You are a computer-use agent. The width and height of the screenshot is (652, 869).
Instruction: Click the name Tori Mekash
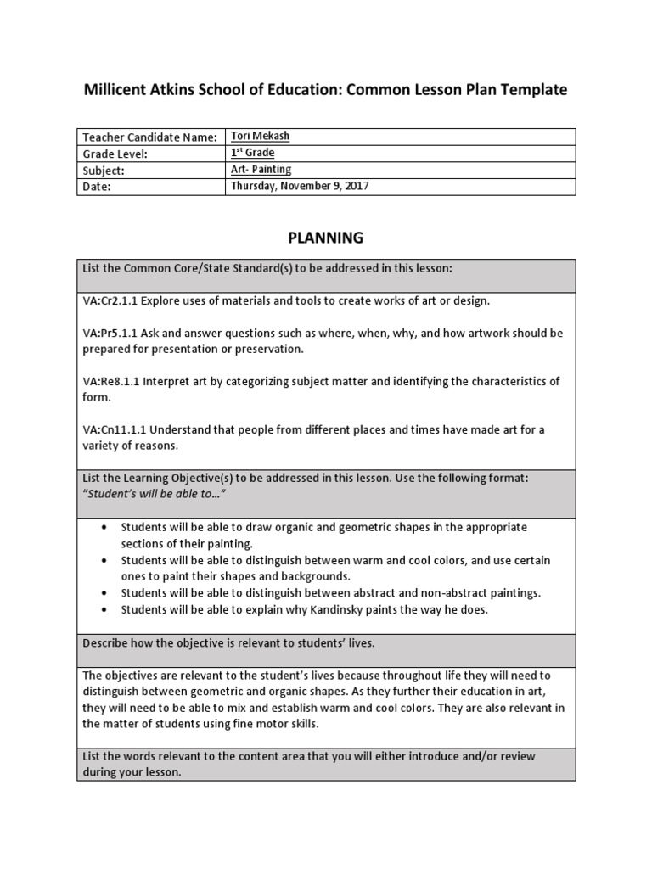261,137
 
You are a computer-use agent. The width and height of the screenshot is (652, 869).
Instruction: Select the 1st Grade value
253,153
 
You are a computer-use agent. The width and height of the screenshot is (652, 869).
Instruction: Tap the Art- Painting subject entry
261,170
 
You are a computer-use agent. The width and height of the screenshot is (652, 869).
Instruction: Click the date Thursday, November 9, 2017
300,186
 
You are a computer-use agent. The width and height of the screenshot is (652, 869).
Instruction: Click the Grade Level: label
115,154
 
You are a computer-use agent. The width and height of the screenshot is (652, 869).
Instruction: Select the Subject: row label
104,170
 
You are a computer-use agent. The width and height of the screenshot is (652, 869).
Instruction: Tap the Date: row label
97,186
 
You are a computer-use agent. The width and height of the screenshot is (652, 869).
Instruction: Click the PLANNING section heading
325,238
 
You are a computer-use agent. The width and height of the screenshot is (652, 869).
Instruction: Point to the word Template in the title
531,89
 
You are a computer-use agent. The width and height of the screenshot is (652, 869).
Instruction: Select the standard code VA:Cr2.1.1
111,301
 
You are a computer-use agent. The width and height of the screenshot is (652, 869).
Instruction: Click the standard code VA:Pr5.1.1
111,334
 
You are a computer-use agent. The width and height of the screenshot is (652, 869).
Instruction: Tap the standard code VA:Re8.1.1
111,382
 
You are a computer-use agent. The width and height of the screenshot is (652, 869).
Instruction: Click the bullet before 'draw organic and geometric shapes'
104,527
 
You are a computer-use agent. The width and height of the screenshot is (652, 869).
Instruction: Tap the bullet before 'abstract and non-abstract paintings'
104,593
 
